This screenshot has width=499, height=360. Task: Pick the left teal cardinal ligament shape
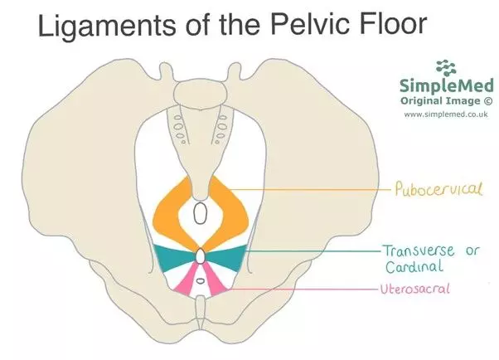173,258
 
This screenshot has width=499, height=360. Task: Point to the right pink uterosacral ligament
214,281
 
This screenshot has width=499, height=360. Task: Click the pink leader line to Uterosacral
298,289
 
